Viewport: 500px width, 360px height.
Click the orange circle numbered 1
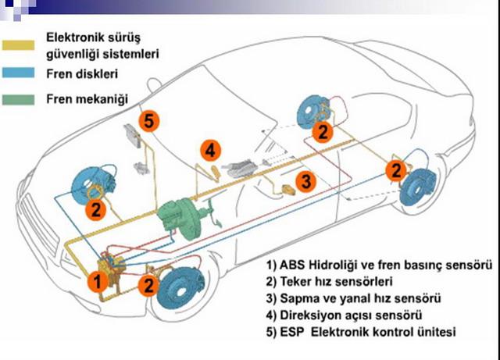pos(98,280)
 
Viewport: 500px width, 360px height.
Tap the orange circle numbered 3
pos(306,181)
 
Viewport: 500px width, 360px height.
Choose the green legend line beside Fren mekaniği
pos(21,100)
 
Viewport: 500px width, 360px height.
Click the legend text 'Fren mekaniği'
pos(87,100)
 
